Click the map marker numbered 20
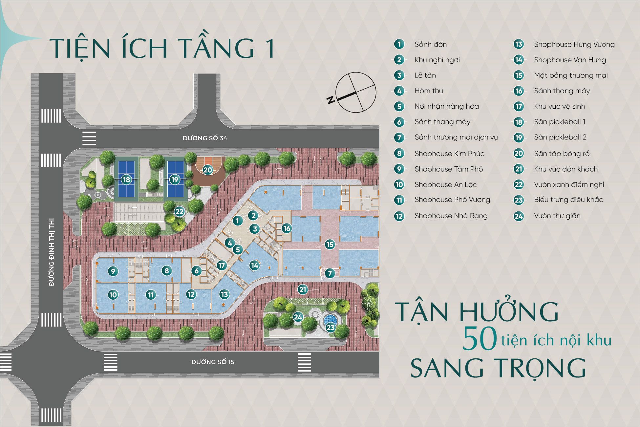(208, 170)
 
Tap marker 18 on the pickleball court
(126, 180)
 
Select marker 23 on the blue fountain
(331, 327)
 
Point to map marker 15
(330, 244)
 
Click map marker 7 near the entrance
(330, 273)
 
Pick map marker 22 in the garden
(180, 212)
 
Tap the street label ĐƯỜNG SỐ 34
(205, 138)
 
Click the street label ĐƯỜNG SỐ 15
(213, 362)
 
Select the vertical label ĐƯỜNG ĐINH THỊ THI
(52, 252)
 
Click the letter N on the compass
(331, 99)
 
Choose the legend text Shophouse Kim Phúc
(449, 154)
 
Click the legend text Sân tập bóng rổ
(562, 154)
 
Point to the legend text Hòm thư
(429, 91)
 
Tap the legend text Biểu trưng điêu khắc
(568, 200)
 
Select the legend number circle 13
(519, 44)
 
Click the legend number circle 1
(399, 44)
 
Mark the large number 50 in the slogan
(480, 339)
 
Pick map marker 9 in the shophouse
(113, 271)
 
